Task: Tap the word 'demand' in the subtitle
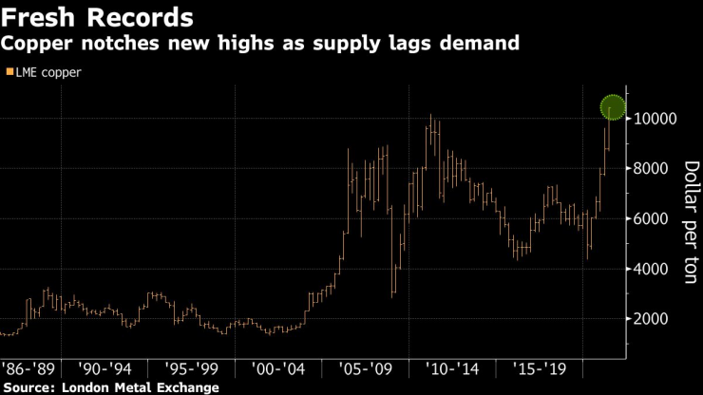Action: [484, 44]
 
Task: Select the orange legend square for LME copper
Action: [9, 72]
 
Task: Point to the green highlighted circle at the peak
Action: [612, 108]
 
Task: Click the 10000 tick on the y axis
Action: [655, 119]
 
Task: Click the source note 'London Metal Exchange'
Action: [139, 386]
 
